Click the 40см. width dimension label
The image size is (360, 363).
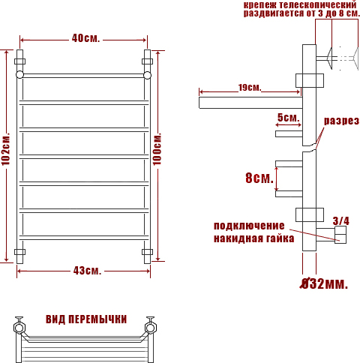point(85,38)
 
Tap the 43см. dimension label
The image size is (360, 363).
point(87,271)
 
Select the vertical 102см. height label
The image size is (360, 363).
point(6,149)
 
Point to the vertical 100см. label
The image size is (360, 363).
point(157,149)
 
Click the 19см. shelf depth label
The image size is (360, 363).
point(250,88)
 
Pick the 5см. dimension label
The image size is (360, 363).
point(288,117)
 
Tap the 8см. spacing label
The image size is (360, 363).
point(259,178)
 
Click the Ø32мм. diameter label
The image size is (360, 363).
point(324,283)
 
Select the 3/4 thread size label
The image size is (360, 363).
point(340,220)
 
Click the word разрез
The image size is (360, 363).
point(341,121)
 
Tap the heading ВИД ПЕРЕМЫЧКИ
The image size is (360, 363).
point(86,319)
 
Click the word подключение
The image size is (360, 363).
point(249,226)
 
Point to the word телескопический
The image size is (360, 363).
point(318,4)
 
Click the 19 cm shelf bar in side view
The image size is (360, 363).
point(250,103)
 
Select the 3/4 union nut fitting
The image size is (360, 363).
point(340,235)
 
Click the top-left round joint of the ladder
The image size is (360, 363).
point(19,75)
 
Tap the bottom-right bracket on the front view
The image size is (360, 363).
point(147,252)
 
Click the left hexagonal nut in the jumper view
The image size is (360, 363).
point(19,327)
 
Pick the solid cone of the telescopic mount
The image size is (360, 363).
point(329,58)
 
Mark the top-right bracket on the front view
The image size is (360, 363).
point(147,61)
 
